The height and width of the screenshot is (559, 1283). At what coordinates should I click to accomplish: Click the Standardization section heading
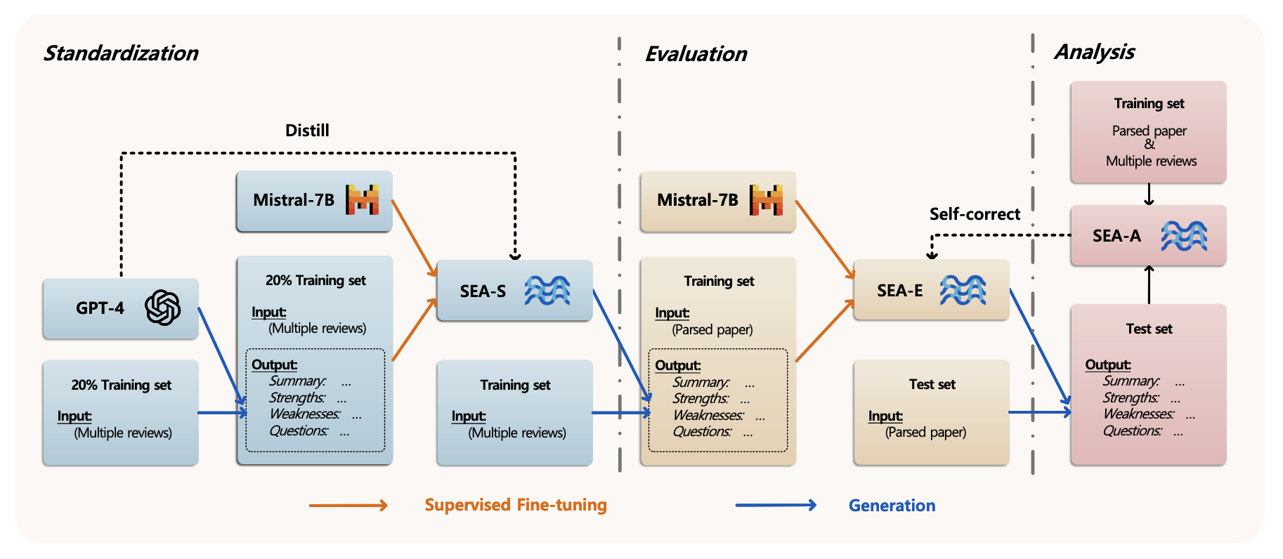(x=121, y=53)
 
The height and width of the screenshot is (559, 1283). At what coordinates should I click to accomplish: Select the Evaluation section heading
(x=696, y=54)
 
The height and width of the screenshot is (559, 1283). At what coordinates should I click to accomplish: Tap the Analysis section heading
(x=1095, y=52)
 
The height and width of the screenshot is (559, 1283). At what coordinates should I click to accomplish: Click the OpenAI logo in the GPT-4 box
(x=163, y=308)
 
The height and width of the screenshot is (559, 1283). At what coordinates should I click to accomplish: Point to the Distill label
(x=307, y=131)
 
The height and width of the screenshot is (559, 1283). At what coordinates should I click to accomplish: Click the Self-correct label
(x=975, y=214)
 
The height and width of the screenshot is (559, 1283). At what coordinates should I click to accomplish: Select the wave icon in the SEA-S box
(x=547, y=290)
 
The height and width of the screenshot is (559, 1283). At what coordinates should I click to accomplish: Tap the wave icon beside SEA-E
(x=963, y=290)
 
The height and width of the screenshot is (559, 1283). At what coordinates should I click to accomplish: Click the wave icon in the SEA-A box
(x=1184, y=236)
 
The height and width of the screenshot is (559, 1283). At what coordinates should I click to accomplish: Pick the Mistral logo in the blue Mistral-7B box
(x=363, y=200)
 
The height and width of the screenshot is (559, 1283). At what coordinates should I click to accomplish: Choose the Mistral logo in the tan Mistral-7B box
(x=767, y=200)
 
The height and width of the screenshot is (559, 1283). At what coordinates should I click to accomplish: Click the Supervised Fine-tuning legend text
(x=516, y=505)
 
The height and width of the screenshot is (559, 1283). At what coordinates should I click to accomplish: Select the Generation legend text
(x=892, y=506)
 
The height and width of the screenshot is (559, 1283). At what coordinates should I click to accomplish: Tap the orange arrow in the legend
(x=349, y=506)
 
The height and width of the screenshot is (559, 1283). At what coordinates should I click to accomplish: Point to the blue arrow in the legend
(x=776, y=505)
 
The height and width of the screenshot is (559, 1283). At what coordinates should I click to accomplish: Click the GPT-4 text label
(x=100, y=308)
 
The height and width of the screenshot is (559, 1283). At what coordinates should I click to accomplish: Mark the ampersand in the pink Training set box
(x=1150, y=145)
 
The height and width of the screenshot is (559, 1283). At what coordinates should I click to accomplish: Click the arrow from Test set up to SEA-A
(x=1150, y=284)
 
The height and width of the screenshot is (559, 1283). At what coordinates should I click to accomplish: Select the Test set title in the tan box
(x=932, y=385)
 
